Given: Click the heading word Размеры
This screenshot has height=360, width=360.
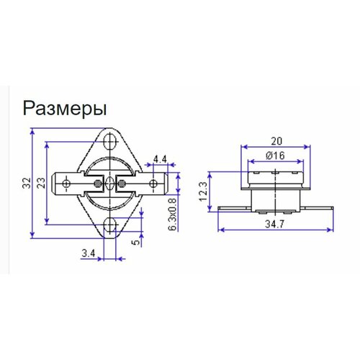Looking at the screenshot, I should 66,108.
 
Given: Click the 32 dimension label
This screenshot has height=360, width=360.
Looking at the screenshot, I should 27,184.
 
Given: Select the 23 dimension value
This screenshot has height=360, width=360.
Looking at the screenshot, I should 40,184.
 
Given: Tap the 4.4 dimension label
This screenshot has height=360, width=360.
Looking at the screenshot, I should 160,158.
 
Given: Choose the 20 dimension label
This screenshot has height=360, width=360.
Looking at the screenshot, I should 278,141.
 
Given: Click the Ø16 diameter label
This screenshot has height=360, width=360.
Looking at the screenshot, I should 277,156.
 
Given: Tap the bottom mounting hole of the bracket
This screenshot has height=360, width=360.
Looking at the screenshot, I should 110,225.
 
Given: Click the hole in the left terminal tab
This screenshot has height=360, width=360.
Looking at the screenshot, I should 67,184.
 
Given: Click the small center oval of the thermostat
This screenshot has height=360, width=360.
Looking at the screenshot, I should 110,183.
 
